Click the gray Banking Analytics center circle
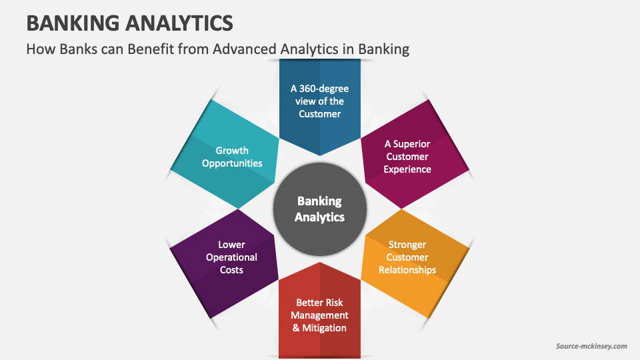(x=319, y=209)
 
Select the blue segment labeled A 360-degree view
(x=319, y=100)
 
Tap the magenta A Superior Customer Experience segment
(x=407, y=156)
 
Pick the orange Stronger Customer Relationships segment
(x=408, y=257)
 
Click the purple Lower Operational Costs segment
(x=231, y=257)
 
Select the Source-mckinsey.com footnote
(x=591, y=346)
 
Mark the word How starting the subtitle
(x=40, y=49)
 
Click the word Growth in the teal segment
(x=232, y=150)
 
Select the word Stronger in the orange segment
(x=408, y=245)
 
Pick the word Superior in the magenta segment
(x=412, y=143)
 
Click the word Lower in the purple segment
(x=231, y=245)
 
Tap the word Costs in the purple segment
(x=231, y=270)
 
